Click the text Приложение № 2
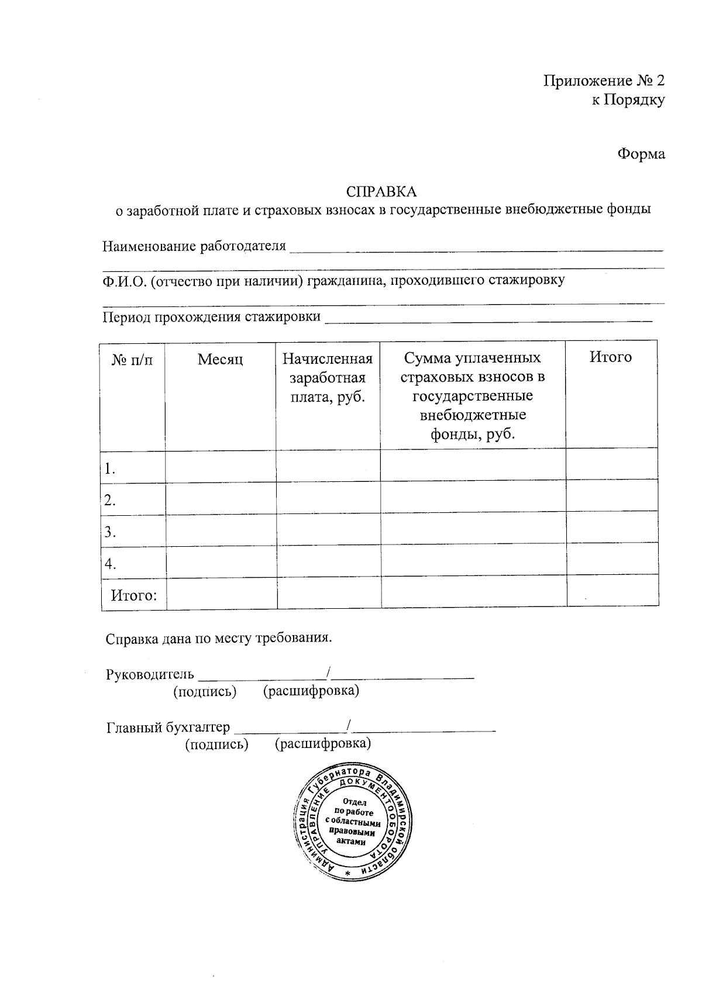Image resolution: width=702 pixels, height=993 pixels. click(604, 81)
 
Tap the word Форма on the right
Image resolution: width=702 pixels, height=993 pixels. click(641, 154)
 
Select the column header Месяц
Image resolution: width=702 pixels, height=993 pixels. click(220, 359)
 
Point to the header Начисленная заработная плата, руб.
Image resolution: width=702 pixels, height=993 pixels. click(328, 378)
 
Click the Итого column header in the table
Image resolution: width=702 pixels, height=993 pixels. click(610, 357)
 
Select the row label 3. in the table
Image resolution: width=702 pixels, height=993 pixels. click(110, 532)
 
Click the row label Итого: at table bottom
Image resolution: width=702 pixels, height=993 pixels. click(134, 596)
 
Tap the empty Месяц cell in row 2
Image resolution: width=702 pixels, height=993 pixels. click(221, 499)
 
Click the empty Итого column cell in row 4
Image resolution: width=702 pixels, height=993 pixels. click(612, 563)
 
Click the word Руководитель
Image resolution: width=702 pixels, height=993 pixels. click(150, 674)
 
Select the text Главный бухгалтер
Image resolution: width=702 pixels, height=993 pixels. click(168, 727)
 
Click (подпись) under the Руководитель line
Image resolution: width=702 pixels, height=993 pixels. click(205, 692)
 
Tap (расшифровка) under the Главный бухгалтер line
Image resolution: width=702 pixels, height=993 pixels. click(323, 744)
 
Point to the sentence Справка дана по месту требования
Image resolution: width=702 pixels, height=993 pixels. click(219, 637)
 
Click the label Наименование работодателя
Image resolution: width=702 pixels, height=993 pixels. click(194, 246)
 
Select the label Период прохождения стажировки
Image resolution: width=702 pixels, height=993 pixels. click(212, 317)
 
